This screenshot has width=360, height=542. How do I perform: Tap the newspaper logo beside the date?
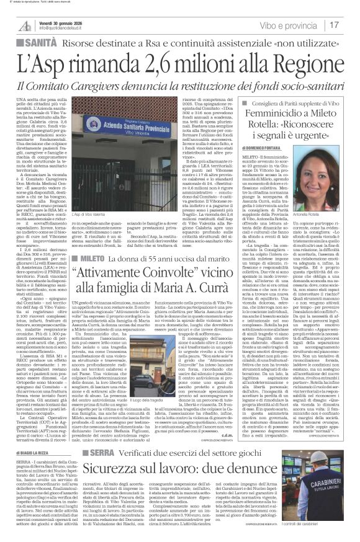tap(25, 25)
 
